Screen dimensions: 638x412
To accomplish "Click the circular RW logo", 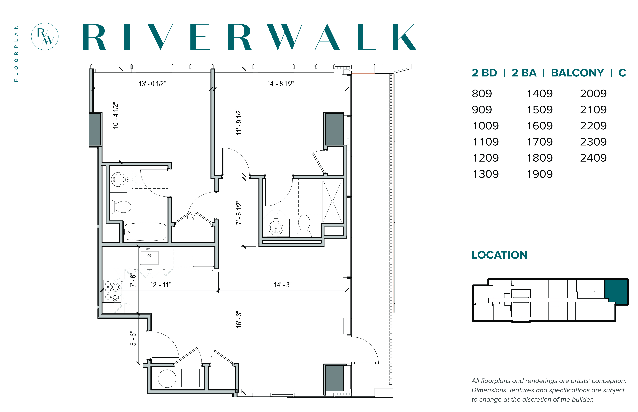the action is tap(45, 36).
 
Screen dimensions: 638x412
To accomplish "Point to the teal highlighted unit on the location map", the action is tap(617, 292).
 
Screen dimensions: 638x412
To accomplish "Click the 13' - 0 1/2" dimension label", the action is tap(152, 84).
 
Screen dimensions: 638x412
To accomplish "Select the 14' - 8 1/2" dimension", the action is tap(281, 84).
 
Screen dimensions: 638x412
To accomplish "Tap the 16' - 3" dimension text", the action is tap(239, 319).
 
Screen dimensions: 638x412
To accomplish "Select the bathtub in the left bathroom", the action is tap(145, 231).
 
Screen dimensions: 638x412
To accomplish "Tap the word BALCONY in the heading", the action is tap(577, 73).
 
